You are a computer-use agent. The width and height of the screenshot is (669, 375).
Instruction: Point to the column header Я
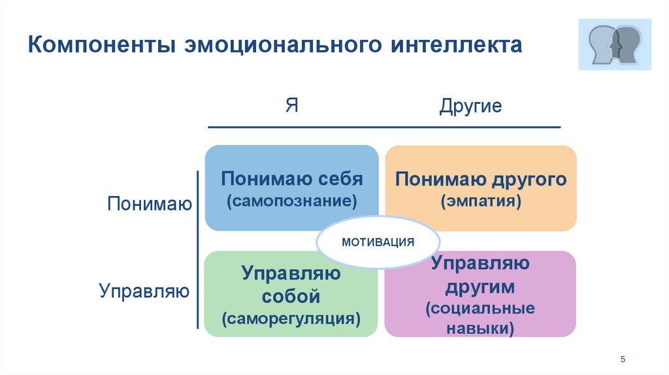pyautogui.click(x=291, y=106)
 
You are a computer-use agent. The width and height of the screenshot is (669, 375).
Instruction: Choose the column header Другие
pyautogui.click(x=470, y=106)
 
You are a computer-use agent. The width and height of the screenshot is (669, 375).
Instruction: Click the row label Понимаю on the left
pyautogui.click(x=150, y=204)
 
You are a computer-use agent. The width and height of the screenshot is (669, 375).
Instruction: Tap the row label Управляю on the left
pyautogui.click(x=144, y=290)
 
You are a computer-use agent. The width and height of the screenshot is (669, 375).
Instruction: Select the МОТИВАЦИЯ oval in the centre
pyautogui.click(x=378, y=242)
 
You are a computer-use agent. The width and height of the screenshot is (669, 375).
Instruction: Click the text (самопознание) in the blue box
pyautogui.click(x=292, y=201)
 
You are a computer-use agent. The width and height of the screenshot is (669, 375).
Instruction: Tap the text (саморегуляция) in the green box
pyautogui.click(x=291, y=319)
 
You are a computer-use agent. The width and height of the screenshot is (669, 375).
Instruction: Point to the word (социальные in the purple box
pyautogui.click(x=480, y=308)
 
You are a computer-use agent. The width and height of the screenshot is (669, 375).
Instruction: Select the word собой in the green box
pyautogui.click(x=291, y=296)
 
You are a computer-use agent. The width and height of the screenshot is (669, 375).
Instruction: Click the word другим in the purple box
pyautogui.click(x=481, y=286)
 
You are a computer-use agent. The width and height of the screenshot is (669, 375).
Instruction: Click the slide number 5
pyautogui.click(x=623, y=359)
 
